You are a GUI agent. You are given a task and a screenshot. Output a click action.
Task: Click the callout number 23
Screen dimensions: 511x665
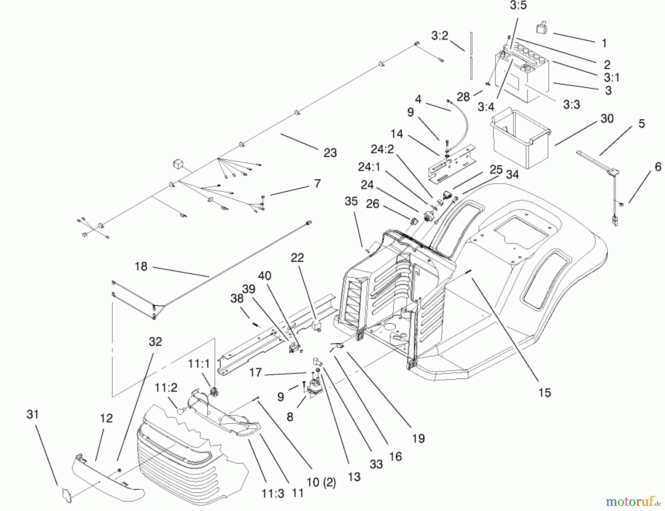[330, 153]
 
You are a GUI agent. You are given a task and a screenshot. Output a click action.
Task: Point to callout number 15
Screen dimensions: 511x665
[544, 392]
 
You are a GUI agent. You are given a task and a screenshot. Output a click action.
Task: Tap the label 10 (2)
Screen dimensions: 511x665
[321, 483]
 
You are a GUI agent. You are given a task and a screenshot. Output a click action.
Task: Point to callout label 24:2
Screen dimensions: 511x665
[382, 149]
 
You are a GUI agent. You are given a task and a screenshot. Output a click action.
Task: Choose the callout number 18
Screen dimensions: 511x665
[141, 266]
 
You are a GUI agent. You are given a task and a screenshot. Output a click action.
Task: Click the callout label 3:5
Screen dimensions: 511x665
[518, 6]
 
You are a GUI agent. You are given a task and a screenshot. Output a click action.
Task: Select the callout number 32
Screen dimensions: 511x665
[155, 342]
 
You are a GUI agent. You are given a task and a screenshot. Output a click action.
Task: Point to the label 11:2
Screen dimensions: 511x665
[166, 388]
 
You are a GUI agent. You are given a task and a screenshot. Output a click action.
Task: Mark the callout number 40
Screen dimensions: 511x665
[265, 276]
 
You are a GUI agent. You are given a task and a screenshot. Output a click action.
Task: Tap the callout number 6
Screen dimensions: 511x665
[658, 167]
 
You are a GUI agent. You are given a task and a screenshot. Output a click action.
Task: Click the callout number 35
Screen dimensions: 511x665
[351, 201]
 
